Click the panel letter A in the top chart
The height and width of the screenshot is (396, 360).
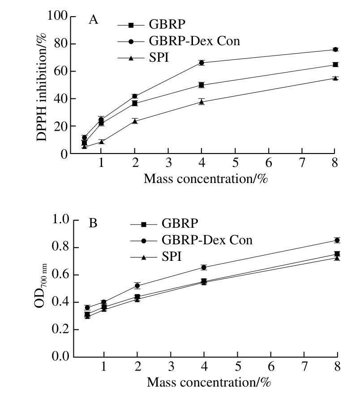(x=93, y=20)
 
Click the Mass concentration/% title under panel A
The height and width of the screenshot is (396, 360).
(x=206, y=179)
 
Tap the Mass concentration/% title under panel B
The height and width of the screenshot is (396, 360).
(x=208, y=383)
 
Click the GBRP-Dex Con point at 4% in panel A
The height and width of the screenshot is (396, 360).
(x=201, y=63)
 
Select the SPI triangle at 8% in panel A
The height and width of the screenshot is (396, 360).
(x=335, y=78)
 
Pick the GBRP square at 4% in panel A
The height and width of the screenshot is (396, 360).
(x=201, y=85)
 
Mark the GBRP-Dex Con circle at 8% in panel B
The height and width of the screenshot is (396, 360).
(x=337, y=240)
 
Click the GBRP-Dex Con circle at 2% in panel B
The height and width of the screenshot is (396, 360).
(x=137, y=285)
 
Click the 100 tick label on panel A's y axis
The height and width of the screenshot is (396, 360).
(x=58, y=17)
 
